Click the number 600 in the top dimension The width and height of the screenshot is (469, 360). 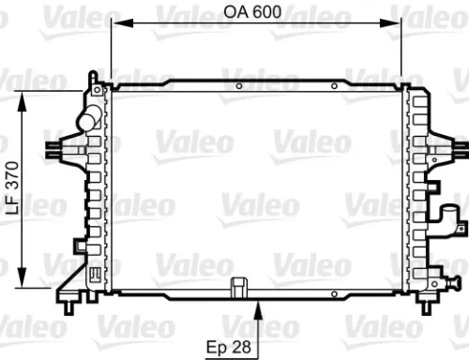(266, 15)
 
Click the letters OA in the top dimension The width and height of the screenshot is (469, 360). (234, 15)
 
